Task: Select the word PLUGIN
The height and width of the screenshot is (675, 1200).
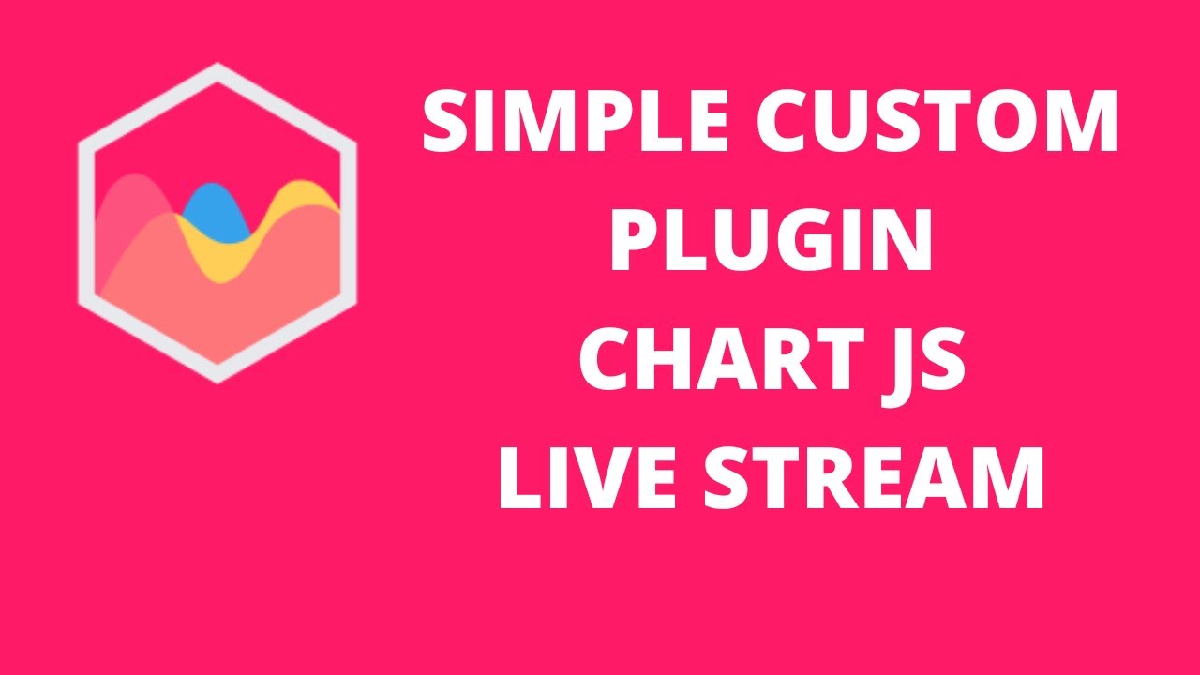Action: click(x=771, y=241)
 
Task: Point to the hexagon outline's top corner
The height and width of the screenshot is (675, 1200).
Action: click(x=217, y=69)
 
